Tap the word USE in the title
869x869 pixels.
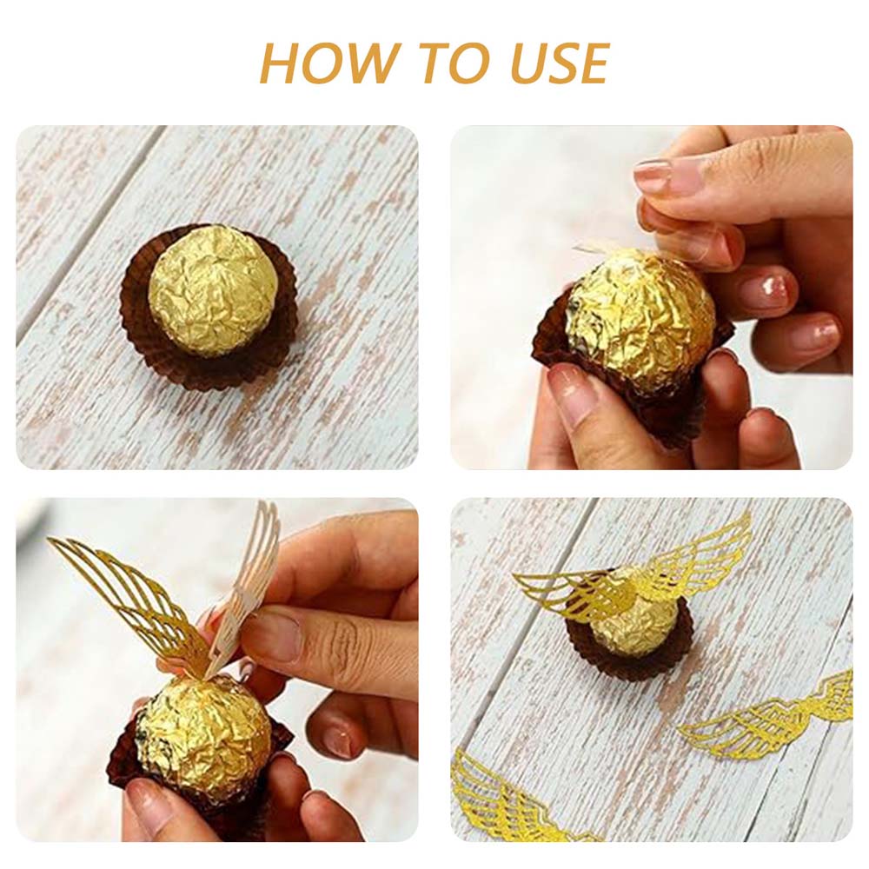(x=560, y=63)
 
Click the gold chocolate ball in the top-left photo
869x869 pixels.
(x=213, y=289)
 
